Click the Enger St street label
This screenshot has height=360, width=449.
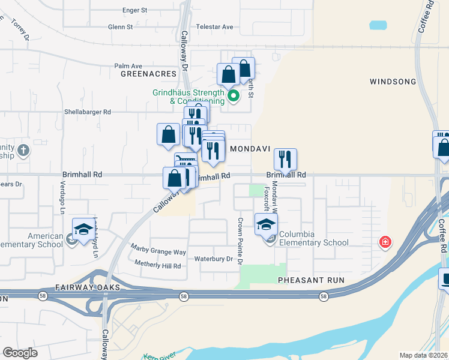pyautogui.click(x=134, y=10)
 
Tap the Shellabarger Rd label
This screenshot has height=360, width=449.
pyautogui.click(x=88, y=112)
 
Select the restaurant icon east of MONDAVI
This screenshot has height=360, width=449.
pyautogui.click(x=285, y=159)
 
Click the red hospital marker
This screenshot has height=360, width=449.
pyautogui.click(x=385, y=242)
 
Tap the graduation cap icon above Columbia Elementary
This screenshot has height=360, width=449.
pyautogui.click(x=266, y=224)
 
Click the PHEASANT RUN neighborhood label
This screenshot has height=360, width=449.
pyautogui.click(x=304, y=280)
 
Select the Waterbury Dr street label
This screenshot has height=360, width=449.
pyautogui.click(x=213, y=259)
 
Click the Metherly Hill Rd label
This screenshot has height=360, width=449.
pyautogui.click(x=157, y=265)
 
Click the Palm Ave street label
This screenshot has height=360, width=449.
pyautogui.click(x=128, y=66)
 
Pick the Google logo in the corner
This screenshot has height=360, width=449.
pyautogui.click(x=20, y=352)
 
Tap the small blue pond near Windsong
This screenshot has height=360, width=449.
pyautogui.click(x=378, y=25)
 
